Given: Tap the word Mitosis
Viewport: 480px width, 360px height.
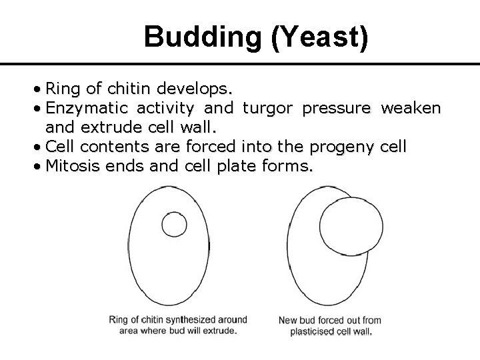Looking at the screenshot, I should [x=71, y=165].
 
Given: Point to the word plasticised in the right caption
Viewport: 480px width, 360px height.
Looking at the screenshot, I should [x=313, y=331].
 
